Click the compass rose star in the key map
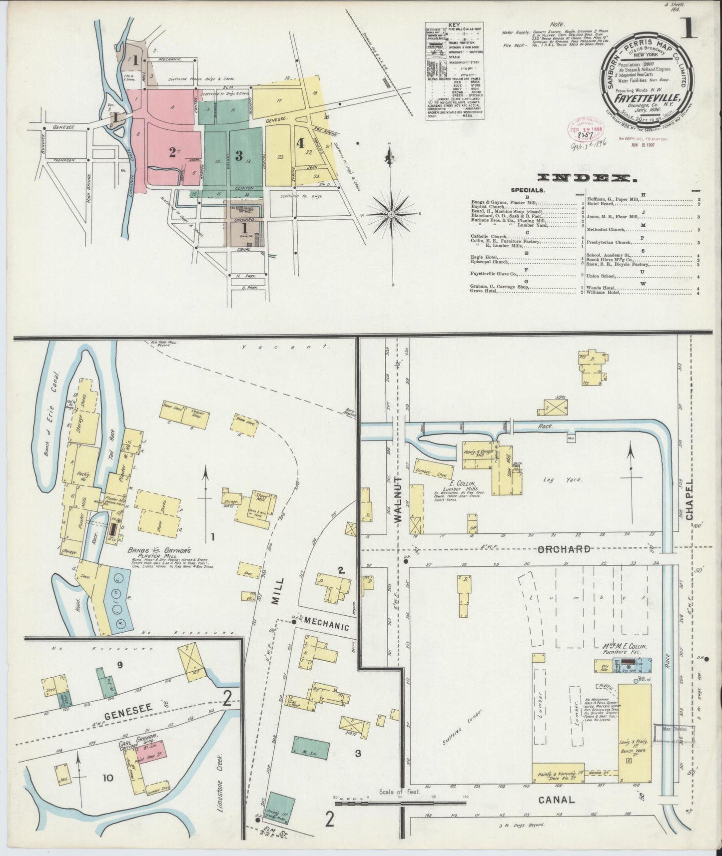click(392, 214)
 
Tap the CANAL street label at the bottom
click(557, 800)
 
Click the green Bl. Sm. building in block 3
click(312, 748)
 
